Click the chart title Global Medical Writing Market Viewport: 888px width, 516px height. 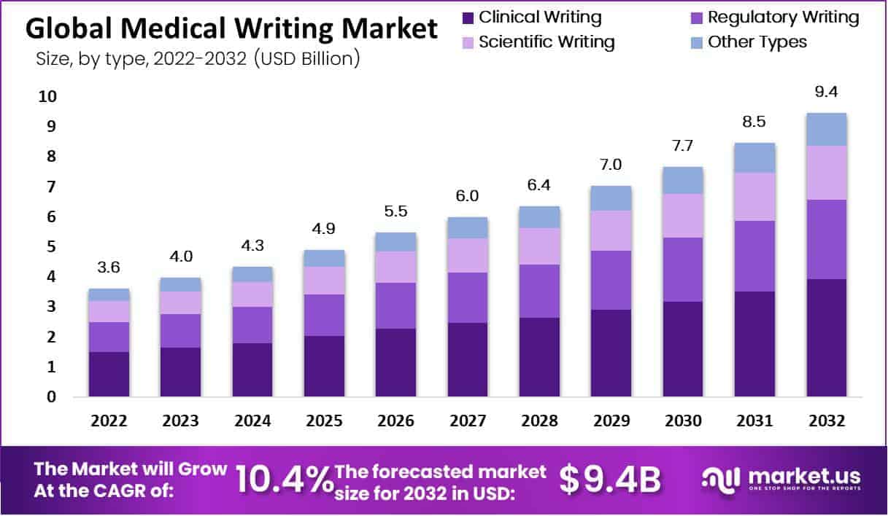point(232,29)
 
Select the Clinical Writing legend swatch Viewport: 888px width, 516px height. point(468,17)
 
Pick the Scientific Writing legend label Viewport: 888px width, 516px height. point(547,42)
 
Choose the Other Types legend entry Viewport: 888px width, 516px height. point(757,42)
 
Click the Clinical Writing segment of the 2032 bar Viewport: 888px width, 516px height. point(826,337)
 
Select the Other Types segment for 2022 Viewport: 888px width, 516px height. point(109,294)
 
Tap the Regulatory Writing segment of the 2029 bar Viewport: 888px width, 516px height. point(611,280)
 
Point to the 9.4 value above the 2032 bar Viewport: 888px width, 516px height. point(826,92)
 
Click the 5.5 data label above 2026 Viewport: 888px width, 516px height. point(395,211)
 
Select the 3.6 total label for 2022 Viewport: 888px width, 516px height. point(109,267)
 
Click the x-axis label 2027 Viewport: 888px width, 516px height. point(467,421)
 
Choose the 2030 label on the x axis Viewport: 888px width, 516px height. point(682,421)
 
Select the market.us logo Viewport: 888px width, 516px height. point(781,480)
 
